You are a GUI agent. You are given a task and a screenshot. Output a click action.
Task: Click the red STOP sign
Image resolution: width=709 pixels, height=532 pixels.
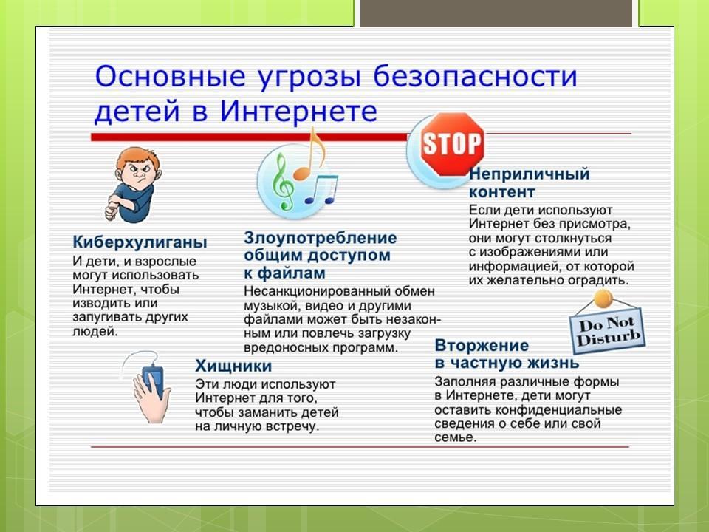coord(452,144)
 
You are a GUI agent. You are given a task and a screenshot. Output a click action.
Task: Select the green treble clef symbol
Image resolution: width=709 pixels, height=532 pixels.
coord(283,181)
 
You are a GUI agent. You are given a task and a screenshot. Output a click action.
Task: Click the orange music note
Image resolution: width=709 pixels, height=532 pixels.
coord(309,155)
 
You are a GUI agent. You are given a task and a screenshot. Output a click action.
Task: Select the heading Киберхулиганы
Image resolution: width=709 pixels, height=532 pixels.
coord(140,242)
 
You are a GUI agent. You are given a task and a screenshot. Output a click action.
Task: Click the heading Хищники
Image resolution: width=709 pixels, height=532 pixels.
coord(233,366)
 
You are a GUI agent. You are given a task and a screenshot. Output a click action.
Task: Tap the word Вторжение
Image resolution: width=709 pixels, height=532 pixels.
coord(482,346)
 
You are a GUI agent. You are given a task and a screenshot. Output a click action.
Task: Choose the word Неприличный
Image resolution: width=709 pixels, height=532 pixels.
coord(529,174)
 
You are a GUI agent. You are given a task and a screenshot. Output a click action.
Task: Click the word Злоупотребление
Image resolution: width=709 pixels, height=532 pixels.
coord(320,238)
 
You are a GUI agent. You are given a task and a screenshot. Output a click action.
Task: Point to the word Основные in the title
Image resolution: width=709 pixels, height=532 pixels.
coord(171,76)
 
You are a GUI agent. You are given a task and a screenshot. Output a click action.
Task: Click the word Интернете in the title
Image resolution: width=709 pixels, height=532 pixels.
coord(298,112)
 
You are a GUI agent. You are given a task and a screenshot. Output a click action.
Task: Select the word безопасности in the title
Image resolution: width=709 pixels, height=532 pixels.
coord(475,76)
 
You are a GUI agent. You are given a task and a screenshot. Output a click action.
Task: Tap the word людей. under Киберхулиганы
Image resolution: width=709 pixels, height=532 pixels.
coord(95,332)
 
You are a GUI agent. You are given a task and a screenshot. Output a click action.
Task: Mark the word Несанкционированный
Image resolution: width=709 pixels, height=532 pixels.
coord(317,291)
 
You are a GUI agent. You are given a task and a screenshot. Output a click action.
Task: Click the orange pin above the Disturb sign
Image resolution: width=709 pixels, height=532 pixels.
coord(603,299)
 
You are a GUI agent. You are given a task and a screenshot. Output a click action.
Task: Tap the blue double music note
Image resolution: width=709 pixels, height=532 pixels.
coord(321,190)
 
